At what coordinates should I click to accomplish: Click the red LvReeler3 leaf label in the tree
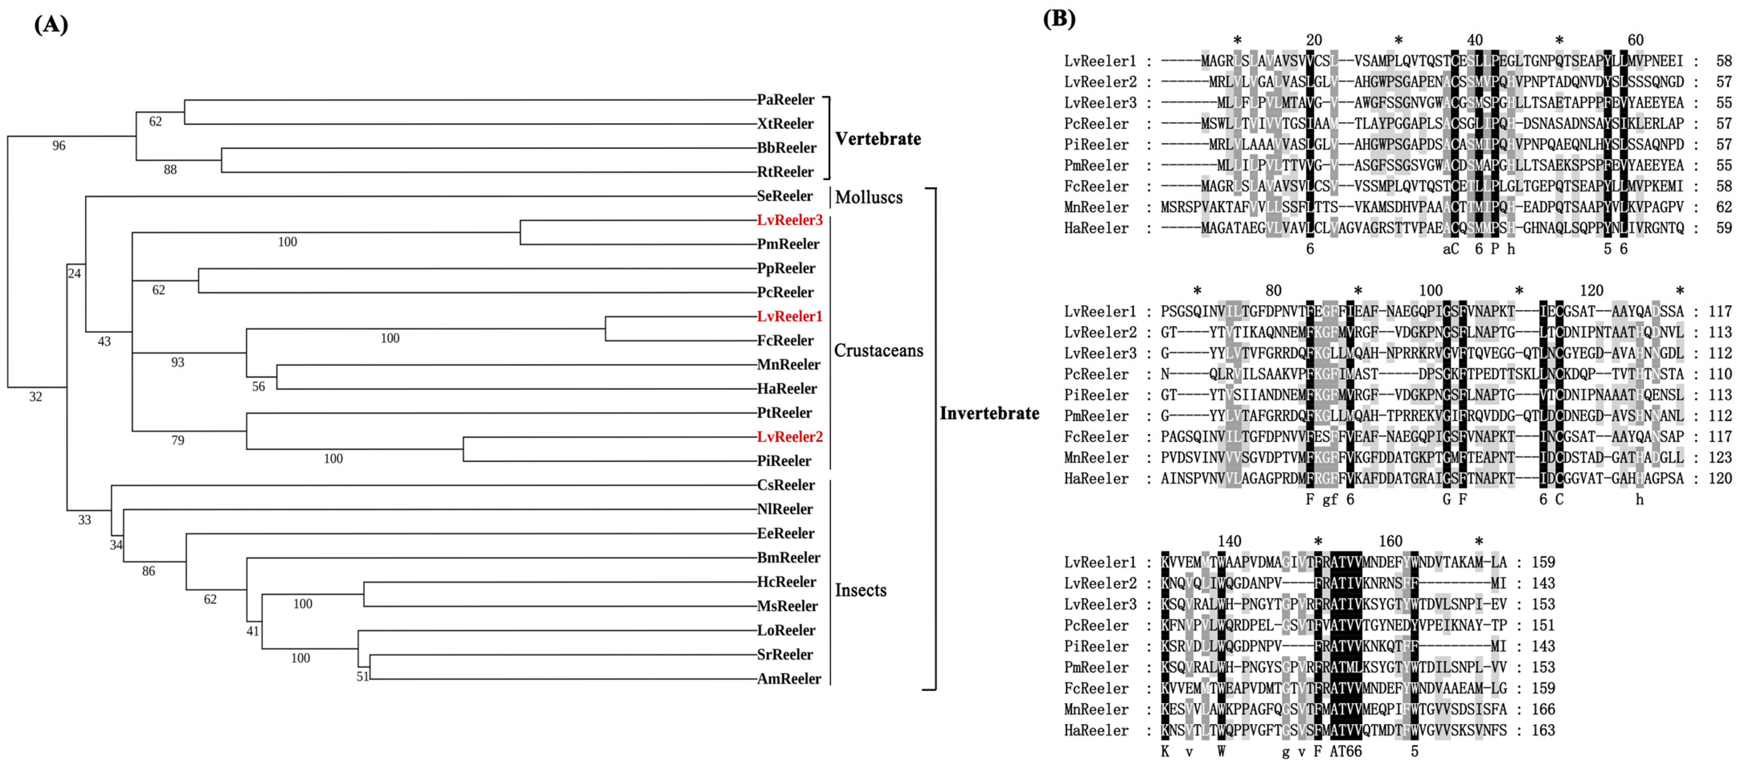tap(790, 220)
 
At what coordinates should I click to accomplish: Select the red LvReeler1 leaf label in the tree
tap(790, 316)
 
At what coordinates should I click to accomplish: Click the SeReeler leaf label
tap(785, 196)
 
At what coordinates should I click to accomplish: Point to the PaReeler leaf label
tap(785, 100)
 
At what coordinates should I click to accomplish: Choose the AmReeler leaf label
tap(789, 679)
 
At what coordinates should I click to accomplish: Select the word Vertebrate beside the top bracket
tap(878, 139)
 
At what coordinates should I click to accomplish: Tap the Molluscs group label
tap(869, 198)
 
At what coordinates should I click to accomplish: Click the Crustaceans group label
tap(878, 351)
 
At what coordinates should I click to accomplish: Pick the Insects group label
tap(860, 591)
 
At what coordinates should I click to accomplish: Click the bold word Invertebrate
tap(989, 413)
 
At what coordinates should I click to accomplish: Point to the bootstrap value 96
tap(59, 146)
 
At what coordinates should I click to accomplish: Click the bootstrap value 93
tap(178, 362)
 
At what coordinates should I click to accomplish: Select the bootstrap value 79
tap(178, 441)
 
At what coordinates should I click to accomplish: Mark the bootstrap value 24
tap(74, 274)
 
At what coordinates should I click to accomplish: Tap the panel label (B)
tap(1059, 18)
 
